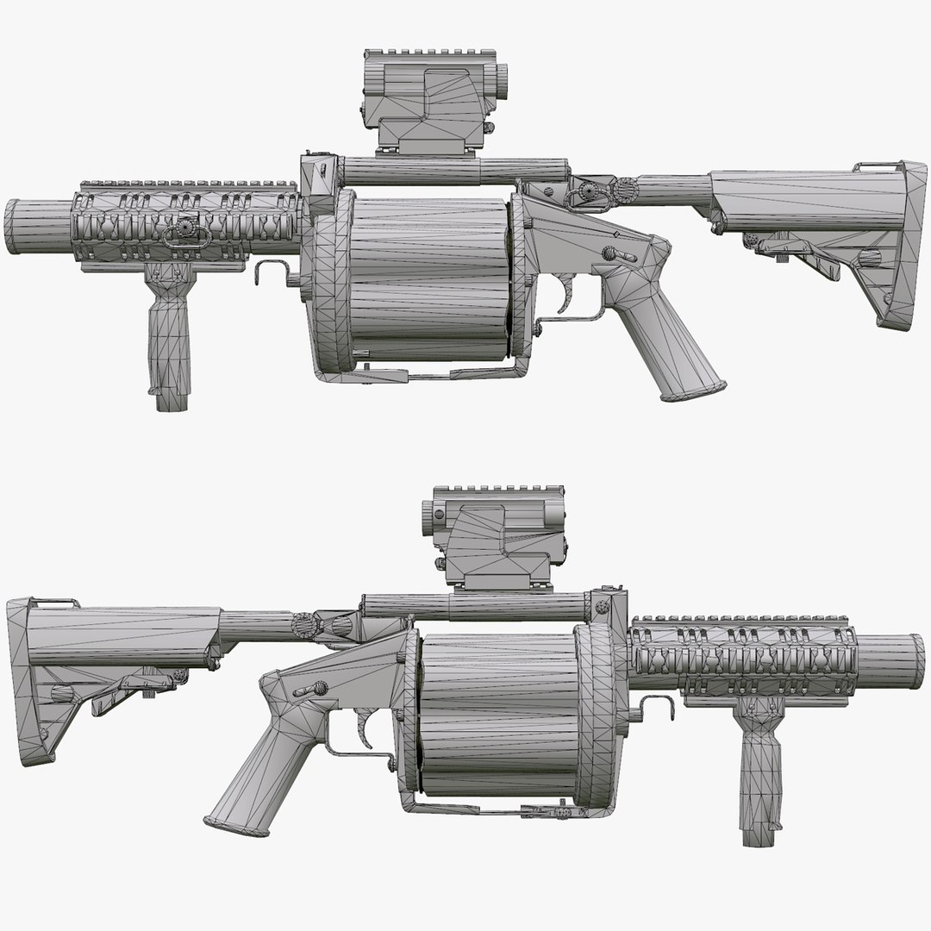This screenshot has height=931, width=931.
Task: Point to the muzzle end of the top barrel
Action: click(12, 227)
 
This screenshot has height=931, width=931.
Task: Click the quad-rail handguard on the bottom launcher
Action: click(741, 659)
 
